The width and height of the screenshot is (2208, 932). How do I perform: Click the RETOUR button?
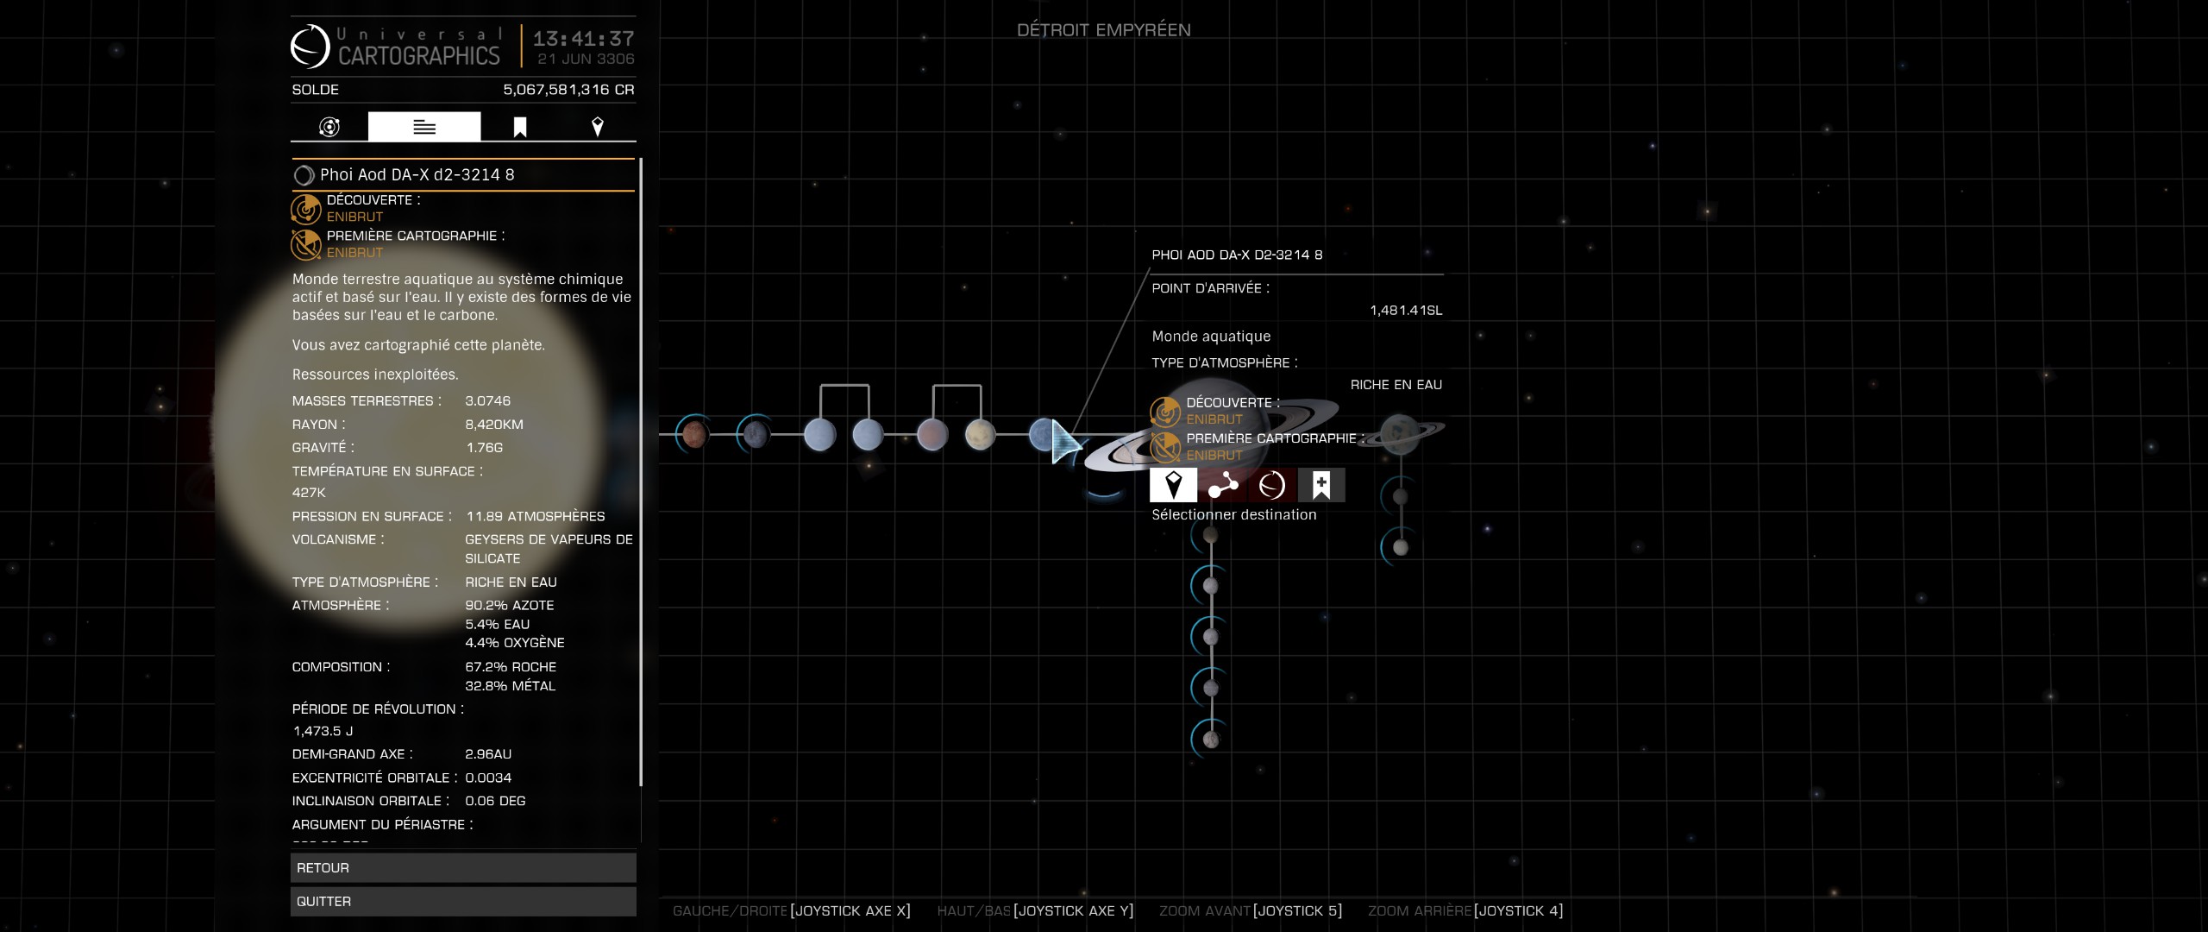coord(463,867)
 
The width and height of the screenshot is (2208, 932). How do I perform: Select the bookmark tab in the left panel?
coord(520,128)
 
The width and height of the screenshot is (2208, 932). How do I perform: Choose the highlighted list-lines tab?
coord(423,128)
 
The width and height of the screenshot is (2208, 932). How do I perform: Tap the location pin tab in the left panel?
coord(597,128)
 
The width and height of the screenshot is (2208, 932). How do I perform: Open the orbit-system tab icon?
coord(329,128)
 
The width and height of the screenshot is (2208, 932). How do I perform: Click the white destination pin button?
coord(1173,485)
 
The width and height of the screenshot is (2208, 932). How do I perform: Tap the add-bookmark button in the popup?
coord(1320,485)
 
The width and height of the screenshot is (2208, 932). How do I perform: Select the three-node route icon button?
coord(1222,485)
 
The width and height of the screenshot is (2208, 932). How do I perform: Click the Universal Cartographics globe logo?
coord(310,47)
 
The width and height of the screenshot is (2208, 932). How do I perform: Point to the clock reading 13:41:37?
coord(583,39)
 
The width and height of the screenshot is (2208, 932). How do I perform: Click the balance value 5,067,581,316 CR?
coord(568,90)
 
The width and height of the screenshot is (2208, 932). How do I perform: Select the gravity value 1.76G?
coord(484,448)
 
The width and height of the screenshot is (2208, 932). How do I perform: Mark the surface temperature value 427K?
coord(309,493)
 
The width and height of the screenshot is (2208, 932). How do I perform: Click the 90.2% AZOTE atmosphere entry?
coord(509,606)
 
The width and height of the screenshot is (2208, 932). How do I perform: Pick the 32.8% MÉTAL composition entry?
coord(510,686)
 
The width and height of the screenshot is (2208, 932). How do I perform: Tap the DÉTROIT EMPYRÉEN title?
coord(1103,30)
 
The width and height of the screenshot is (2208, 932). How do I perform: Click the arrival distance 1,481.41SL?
coord(1405,311)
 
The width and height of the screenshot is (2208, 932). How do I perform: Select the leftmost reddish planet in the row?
coord(694,434)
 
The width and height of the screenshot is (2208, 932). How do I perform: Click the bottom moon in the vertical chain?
coord(1211,740)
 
